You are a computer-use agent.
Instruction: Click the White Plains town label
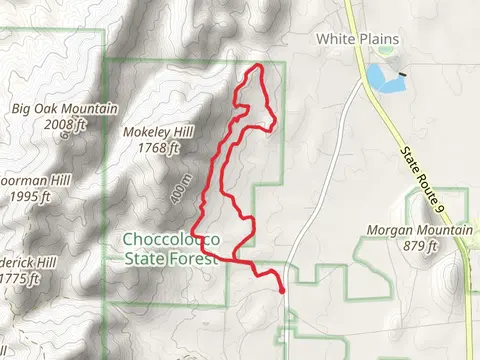coord(357,39)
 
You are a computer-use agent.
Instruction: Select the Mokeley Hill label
coord(153,133)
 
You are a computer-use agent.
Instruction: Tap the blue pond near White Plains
coord(380,76)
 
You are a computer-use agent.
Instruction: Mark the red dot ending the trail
coord(282,291)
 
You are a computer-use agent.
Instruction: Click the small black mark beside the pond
coord(402,74)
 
